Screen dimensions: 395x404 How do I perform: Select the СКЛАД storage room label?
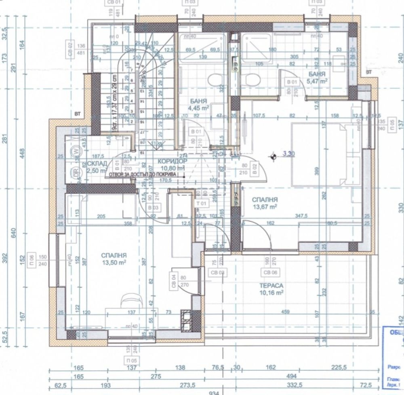click(97, 163)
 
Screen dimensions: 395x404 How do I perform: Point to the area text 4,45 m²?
click(198, 108)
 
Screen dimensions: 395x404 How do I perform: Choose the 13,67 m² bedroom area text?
click(265, 206)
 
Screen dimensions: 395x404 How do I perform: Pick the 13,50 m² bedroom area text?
click(114, 262)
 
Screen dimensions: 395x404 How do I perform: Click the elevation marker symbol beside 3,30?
click(274, 155)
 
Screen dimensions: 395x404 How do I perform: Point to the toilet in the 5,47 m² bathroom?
click(252, 78)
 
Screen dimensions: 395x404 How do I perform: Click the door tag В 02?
click(255, 169)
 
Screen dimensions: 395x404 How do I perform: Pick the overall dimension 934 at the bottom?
click(215, 393)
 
